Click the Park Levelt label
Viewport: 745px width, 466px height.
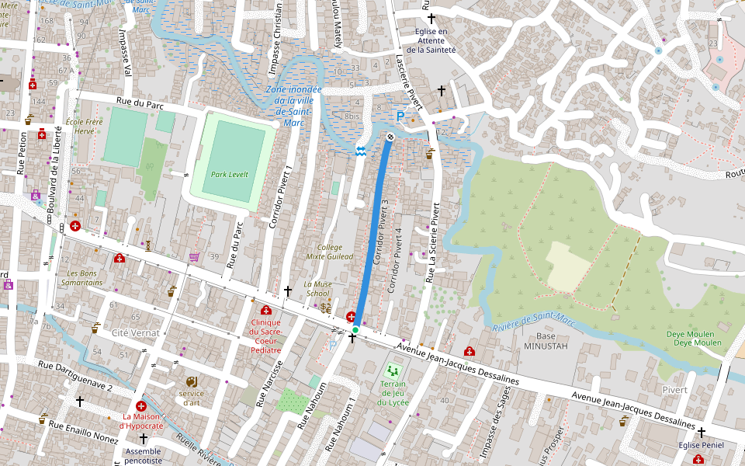point(230,175)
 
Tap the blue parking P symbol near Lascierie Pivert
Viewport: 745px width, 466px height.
point(400,116)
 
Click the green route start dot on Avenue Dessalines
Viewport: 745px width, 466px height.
point(355,331)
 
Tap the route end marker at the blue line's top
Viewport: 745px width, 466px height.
point(390,137)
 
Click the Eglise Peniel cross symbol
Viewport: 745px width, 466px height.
point(702,432)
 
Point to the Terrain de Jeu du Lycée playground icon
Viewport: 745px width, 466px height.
point(393,370)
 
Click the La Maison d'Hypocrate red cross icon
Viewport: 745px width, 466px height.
point(141,406)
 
